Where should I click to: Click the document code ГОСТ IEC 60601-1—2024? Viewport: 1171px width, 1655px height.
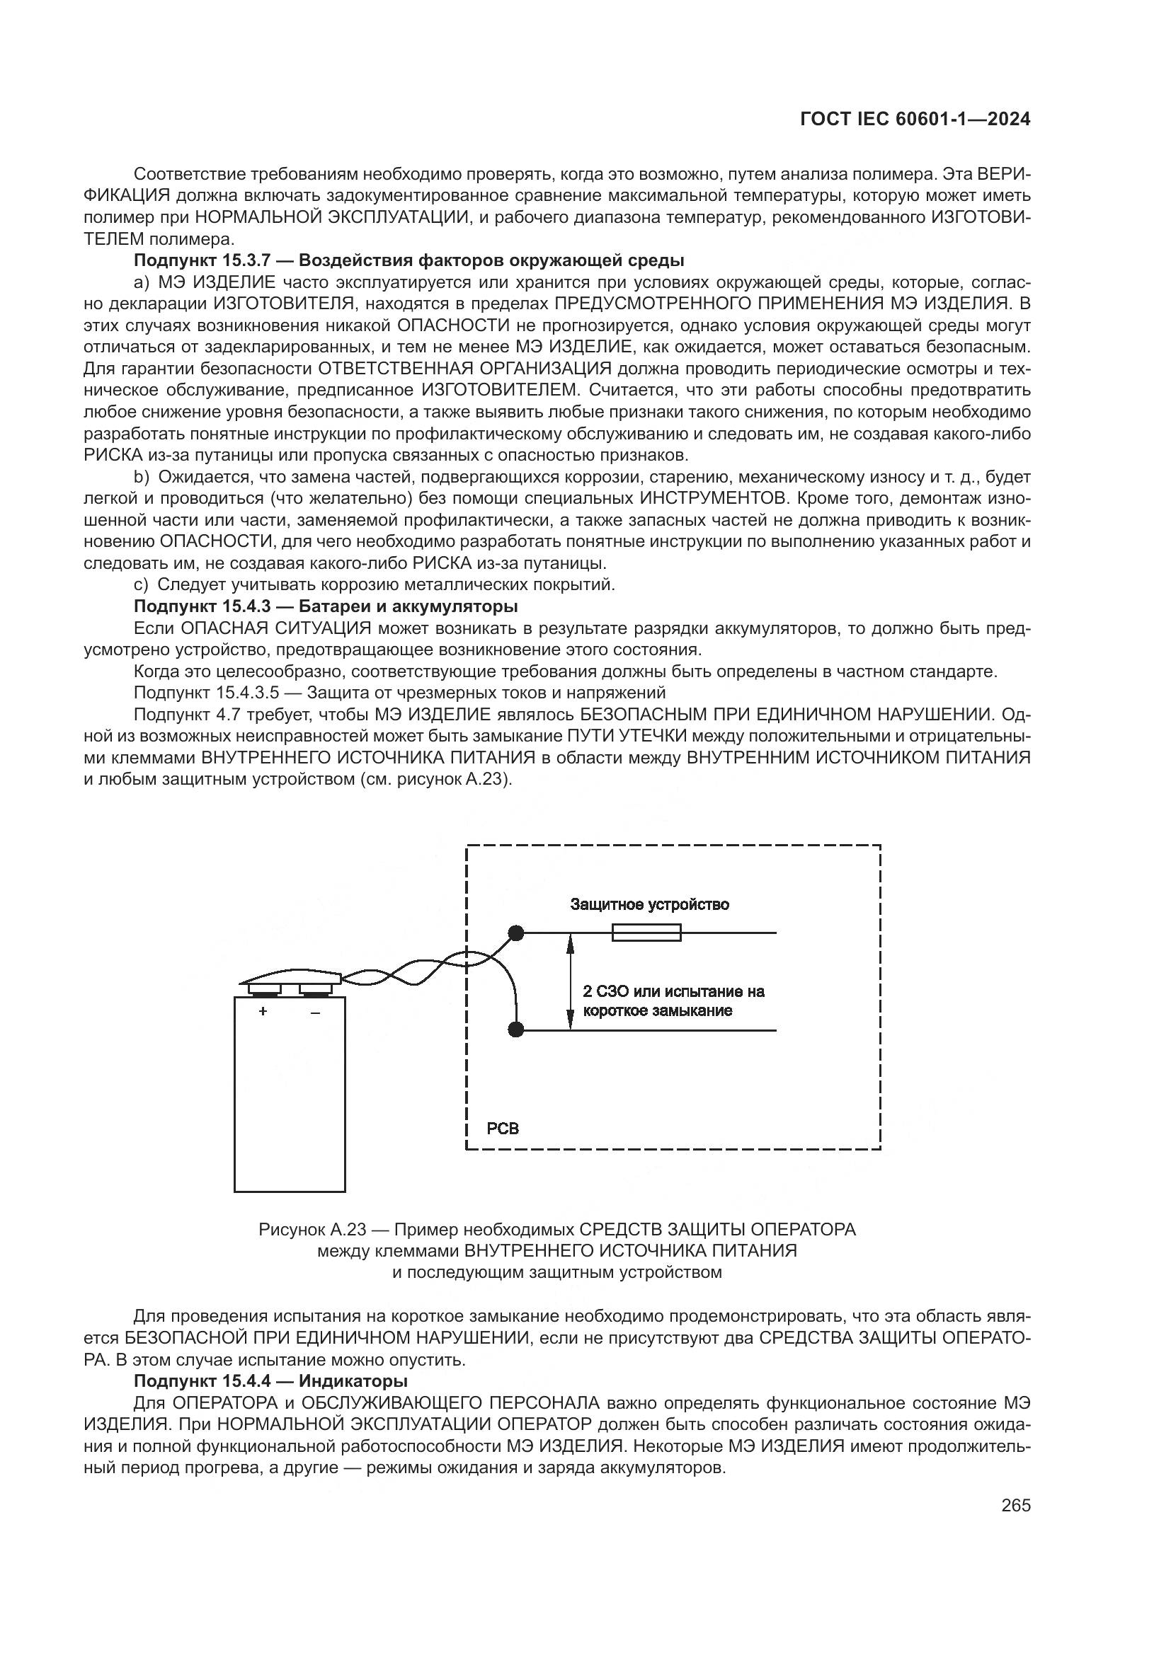click(915, 120)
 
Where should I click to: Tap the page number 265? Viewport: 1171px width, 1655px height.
click(1015, 1504)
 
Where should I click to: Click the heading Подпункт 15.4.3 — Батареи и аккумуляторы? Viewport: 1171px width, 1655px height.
click(326, 606)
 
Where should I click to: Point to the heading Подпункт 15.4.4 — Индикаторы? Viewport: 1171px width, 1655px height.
click(270, 1381)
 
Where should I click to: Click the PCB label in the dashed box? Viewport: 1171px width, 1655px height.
click(503, 1129)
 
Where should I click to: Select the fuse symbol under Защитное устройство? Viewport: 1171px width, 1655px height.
click(646, 933)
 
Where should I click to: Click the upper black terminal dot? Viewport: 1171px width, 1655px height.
click(515, 933)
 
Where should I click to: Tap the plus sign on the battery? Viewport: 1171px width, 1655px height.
click(263, 1011)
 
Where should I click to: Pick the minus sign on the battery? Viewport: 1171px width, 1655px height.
click(315, 1012)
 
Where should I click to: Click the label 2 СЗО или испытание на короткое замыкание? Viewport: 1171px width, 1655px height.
click(673, 1001)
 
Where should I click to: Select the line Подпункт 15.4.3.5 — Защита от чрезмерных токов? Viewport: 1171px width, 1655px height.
click(399, 693)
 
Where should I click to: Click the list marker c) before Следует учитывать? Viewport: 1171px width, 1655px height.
click(142, 584)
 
